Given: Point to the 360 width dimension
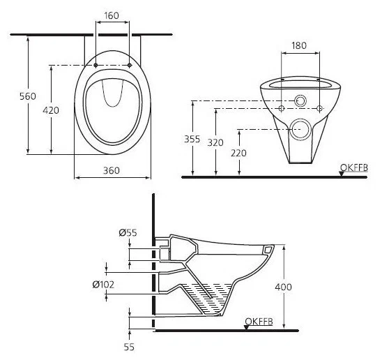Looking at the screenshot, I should pos(112,171).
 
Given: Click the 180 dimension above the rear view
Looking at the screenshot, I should pos(300,46).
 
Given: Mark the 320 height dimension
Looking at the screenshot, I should pos(216,142).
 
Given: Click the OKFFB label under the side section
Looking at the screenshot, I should pos(258,321).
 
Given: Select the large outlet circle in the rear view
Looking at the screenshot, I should pos(300,128).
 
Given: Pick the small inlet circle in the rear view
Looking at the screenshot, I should pos(300,101).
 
